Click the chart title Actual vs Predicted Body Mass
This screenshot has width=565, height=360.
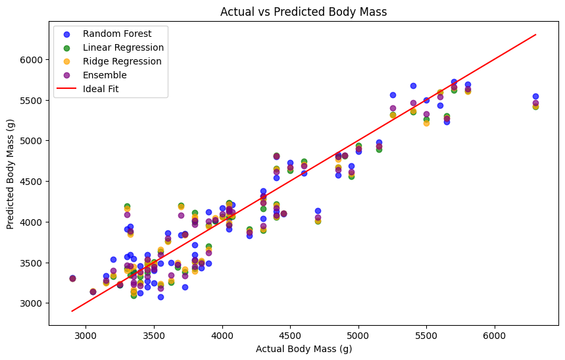(303, 12)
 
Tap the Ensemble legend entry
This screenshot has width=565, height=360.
(105, 75)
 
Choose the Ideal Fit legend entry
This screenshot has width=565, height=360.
(101, 89)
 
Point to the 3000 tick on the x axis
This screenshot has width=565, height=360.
(86, 336)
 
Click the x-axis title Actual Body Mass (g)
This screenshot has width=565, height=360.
(303, 349)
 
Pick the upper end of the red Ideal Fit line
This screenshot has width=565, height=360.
(535, 35)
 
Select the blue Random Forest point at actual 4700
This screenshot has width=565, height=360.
(318, 211)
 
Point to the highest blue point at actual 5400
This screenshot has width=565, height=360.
(413, 86)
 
